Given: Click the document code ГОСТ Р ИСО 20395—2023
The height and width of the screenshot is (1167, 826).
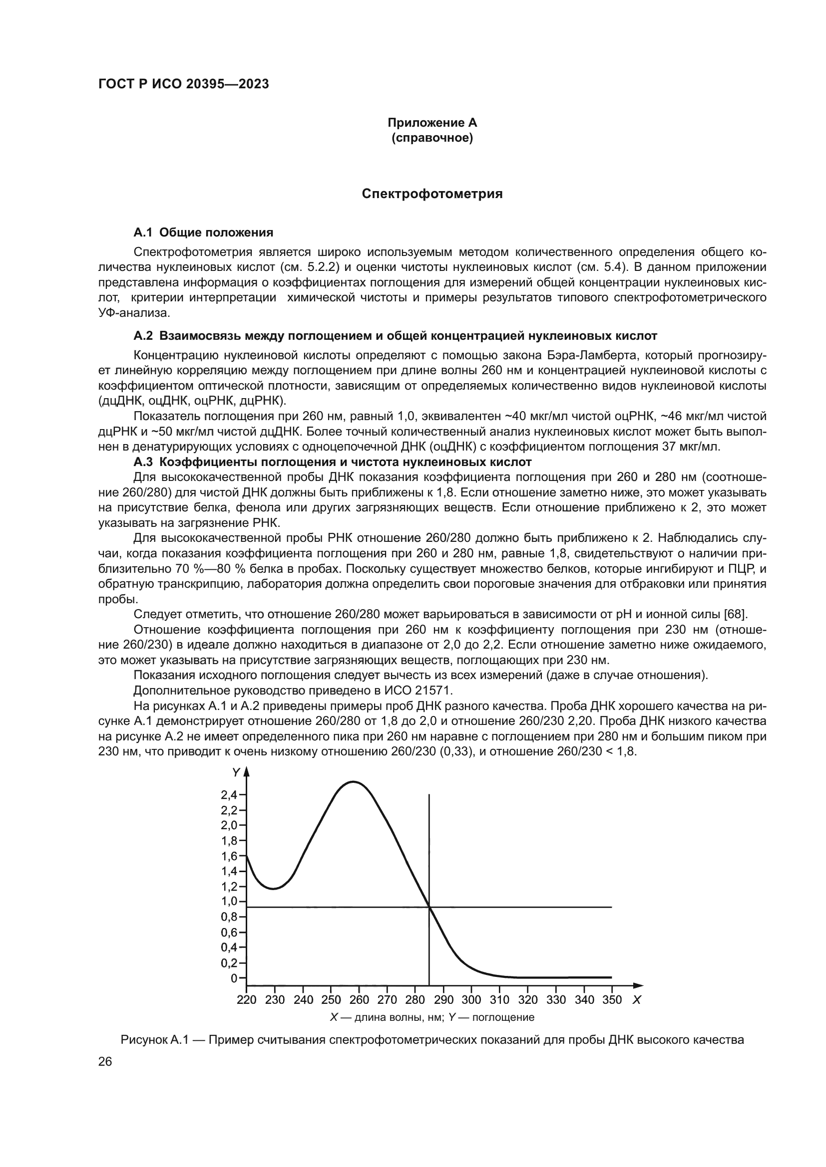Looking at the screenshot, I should tap(184, 84).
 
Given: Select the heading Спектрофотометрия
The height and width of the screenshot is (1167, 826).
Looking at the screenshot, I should tap(432, 194).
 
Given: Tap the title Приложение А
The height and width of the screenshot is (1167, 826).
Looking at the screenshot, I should tap(432, 123).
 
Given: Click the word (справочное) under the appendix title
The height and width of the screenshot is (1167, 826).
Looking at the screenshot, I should tap(432, 138).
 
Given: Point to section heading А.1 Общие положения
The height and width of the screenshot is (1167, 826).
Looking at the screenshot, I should tap(203, 233).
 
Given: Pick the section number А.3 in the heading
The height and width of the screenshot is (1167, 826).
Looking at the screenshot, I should tap(143, 462).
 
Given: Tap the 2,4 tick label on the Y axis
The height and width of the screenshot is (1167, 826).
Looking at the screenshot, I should tap(229, 795).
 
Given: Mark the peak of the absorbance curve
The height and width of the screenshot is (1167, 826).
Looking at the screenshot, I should tap(354, 782).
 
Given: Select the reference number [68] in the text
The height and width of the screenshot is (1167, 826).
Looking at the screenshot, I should tap(736, 615).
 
